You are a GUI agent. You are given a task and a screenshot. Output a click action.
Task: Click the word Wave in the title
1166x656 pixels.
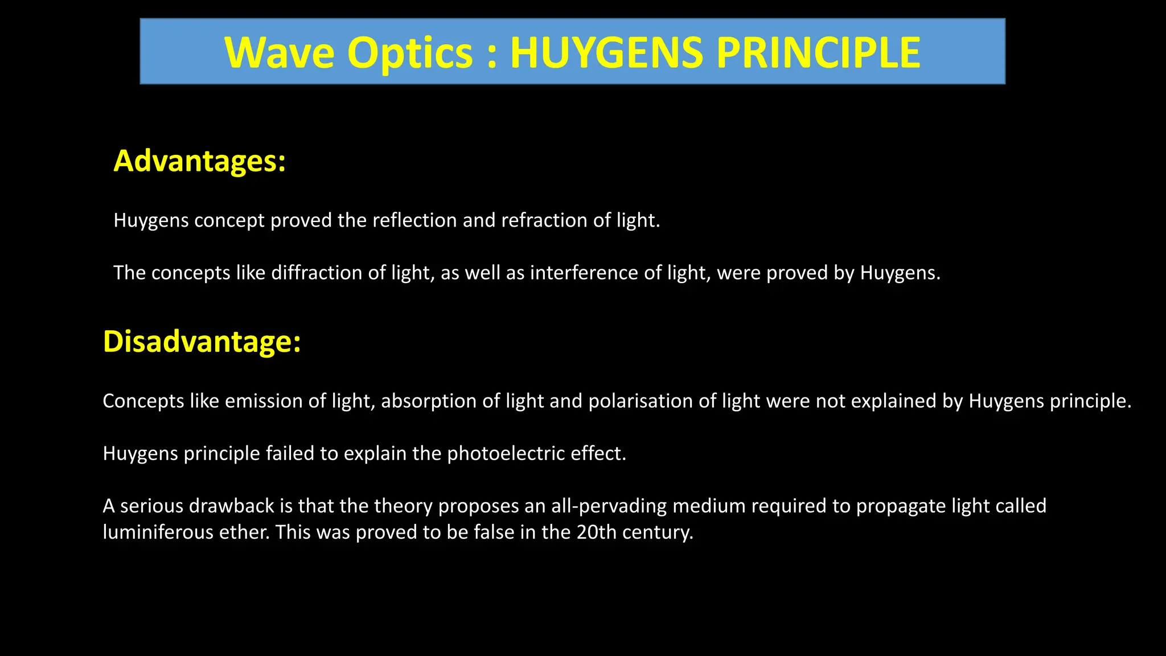coord(280,53)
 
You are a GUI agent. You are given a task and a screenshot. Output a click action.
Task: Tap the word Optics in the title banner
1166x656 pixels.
coord(410,53)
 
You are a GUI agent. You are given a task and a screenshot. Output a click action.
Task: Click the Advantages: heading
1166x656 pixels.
coord(199,161)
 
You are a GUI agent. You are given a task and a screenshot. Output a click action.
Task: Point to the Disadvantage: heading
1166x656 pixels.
coord(202,342)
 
